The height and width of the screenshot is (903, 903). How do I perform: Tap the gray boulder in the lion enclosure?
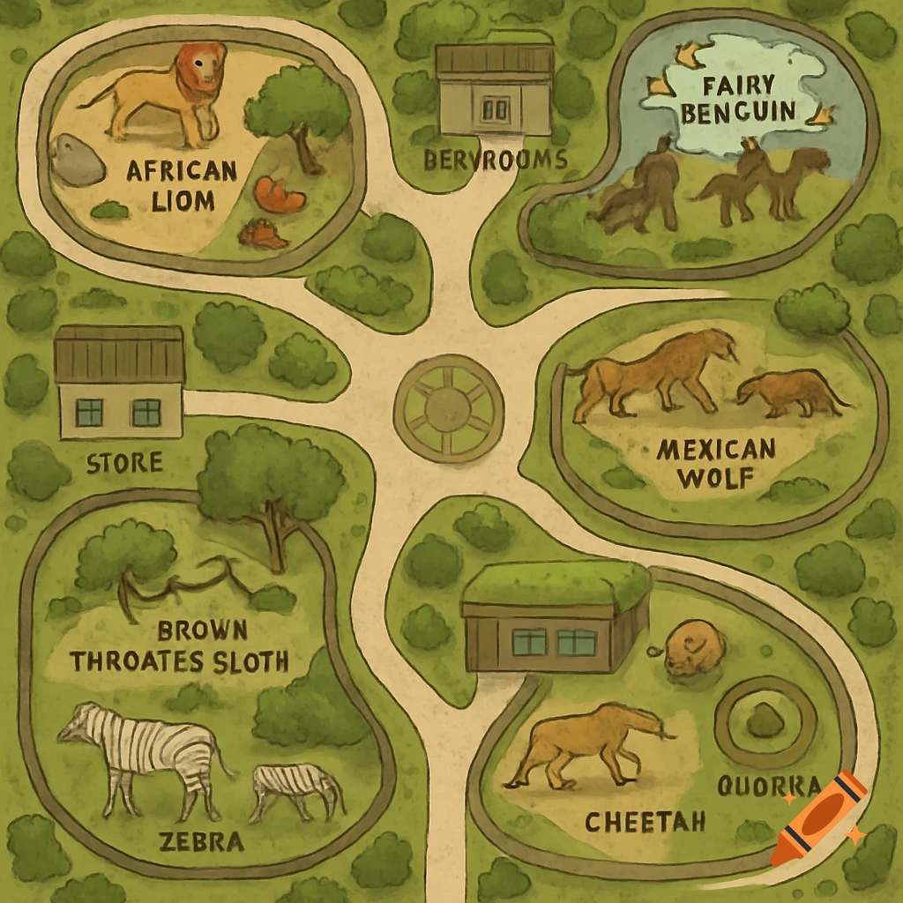[77, 160]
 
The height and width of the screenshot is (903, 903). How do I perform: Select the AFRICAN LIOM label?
[170, 184]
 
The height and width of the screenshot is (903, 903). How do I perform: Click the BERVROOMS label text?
[495, 160]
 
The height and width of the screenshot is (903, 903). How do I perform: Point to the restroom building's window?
[496, 109]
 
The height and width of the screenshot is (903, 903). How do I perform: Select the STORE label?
[124, 462]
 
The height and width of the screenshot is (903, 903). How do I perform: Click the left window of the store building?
[89, 412]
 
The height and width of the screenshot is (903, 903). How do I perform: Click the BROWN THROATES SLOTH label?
[180, 646]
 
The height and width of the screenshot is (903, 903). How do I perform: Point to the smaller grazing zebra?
[296, 785]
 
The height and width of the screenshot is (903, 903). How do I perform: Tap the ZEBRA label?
[201, 841]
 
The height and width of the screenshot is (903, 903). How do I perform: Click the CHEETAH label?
[646, 822]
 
